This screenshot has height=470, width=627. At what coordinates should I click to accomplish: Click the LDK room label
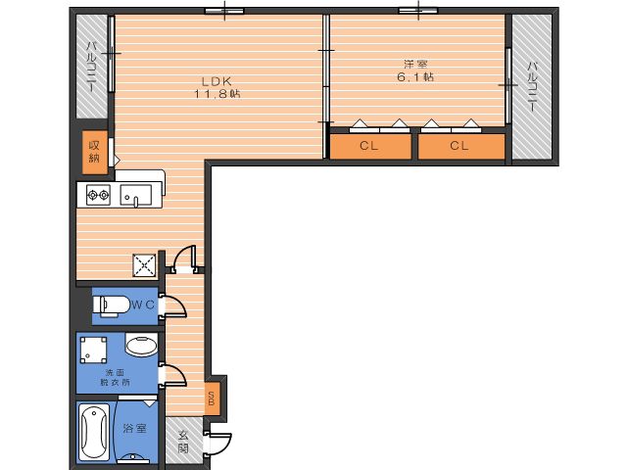tap(217, 81)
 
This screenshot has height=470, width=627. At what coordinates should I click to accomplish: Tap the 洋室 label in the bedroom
tap(415, 64)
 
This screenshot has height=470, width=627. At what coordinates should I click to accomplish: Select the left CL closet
tap(370, 146)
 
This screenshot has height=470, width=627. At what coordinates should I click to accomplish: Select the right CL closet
tap(461, 146)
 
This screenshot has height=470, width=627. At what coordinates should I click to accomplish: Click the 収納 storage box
tap(95, 153)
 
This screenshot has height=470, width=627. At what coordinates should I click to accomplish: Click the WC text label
tap(143, 305)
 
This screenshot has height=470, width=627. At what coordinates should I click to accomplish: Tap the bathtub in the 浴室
tap(94, 433)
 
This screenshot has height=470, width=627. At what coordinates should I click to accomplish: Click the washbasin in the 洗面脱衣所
tap(141, 345)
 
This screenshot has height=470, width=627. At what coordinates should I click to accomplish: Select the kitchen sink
tap(136, 196)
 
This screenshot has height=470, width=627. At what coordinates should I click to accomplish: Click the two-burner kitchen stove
tap(98, 195)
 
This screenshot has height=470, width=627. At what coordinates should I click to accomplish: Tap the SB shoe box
tap(212, 399)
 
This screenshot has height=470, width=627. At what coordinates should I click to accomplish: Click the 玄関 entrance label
tap(183, 442)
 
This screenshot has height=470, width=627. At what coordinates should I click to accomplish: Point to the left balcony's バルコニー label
tap(91, 68)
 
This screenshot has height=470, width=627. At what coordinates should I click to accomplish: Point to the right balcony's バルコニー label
tap(532, 86)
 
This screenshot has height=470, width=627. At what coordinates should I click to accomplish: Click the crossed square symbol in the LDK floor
tap(144, 264)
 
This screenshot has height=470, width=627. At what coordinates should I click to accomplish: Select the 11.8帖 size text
tap(217, 94)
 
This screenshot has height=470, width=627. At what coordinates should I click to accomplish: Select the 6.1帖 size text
tap(415, 76)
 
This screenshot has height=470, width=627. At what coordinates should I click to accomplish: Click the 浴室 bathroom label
tap(135, 429)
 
